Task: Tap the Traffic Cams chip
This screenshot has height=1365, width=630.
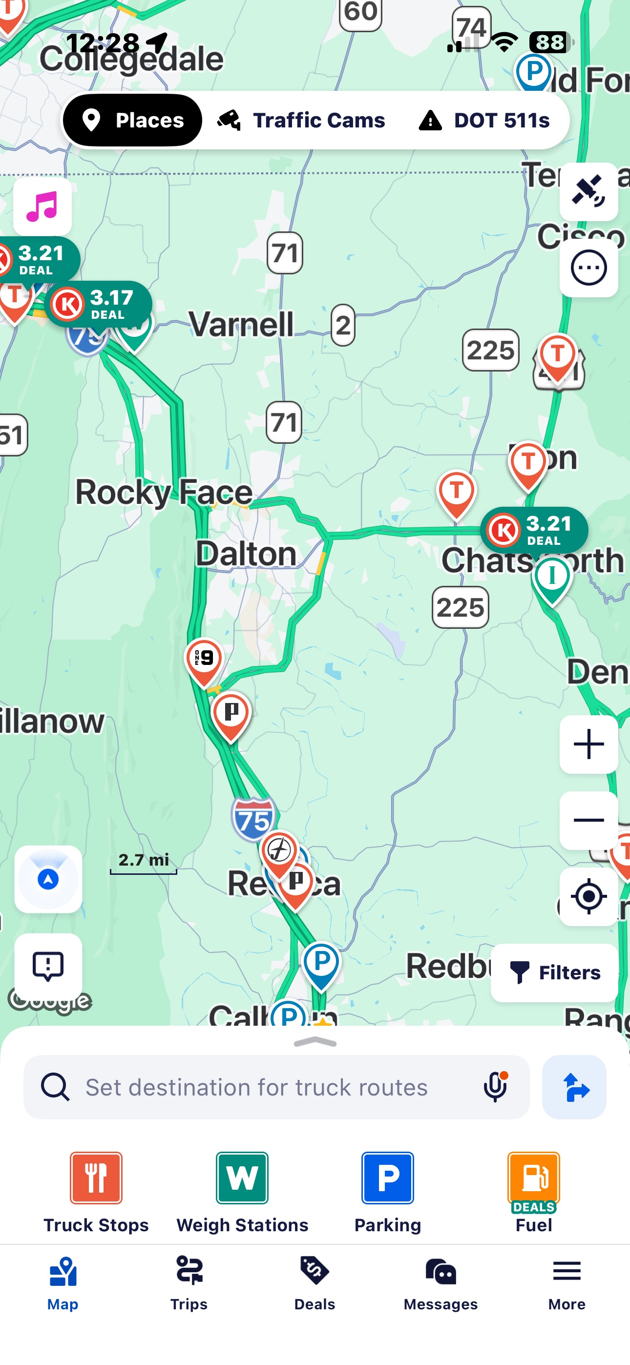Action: pyautogui.click(x=301, y=120)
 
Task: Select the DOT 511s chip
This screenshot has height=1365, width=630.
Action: pyautogui.click(x=484, y=120)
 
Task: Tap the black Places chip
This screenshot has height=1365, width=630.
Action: pyautogui.click(x=132, y=120)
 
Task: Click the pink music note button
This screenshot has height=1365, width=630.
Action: pyautogui.click(x=42, y=206)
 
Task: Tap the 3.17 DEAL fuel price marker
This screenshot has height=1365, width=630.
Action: pyautogui.click(x=99, y=304)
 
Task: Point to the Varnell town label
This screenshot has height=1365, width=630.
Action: pyautogui.click(x=241, y=324)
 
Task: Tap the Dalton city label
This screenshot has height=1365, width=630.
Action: pyautogui.click(x=246, y=554)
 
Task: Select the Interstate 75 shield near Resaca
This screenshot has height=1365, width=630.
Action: pyautogui.click(x=253, y=819)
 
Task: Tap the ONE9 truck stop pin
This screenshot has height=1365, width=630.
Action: pyautogui.click(x=204, y=659)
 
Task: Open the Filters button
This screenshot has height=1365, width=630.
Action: pyautogui.click(x=555, y=972)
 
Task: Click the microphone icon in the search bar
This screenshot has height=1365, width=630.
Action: pyautogui.click(x=496, y=1087)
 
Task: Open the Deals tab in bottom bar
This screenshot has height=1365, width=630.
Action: pyautogui.click(x=315, y=1282)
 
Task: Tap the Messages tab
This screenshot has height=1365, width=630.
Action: pyautogui.click(x=441, y=1282)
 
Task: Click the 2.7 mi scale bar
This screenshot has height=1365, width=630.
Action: pyautogui.click(x=144, y=863)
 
